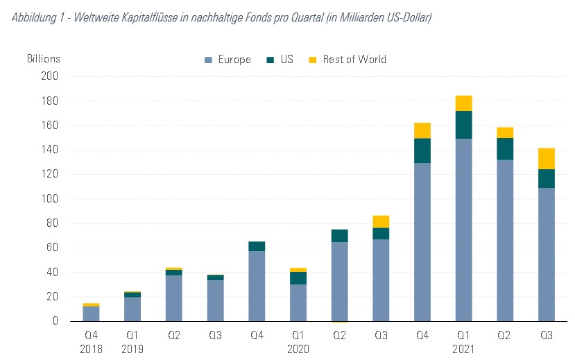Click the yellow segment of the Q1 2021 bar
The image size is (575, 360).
(x=463, y=103)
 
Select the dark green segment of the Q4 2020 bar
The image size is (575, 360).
(x=422, y=151)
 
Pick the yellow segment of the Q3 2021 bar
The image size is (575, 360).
(x=547, y=159)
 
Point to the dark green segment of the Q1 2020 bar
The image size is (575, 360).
(x=298, y=278)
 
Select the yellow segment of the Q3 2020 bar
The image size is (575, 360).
(x=381, y=221)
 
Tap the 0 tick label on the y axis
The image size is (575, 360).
(x=56, y=321)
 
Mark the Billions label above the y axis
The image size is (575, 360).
(x=44, y=59)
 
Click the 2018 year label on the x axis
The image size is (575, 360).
(x=91, y=349)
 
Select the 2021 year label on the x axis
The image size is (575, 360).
(x=463, y=349)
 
